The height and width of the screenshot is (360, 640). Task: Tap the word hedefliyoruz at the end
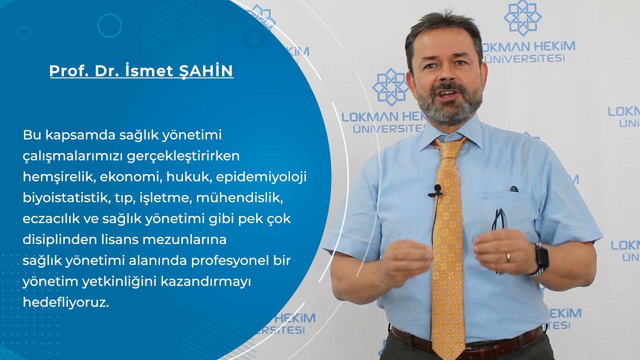[65, 302]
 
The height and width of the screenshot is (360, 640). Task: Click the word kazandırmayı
[205, 282]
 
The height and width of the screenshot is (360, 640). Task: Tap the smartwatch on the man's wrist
[541, 257]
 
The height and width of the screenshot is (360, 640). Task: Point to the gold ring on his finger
[508, 257]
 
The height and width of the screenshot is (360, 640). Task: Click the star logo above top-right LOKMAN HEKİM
[522, 18]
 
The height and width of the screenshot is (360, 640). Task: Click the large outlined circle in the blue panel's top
[109, 25]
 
